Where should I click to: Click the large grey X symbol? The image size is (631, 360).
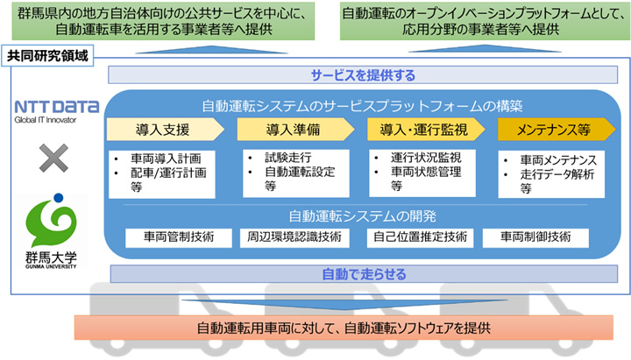(x=54, y=159)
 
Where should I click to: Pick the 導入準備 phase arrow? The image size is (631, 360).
(x=292, y=131)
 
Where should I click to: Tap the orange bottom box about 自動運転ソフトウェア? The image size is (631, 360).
(x=342, y=328)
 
